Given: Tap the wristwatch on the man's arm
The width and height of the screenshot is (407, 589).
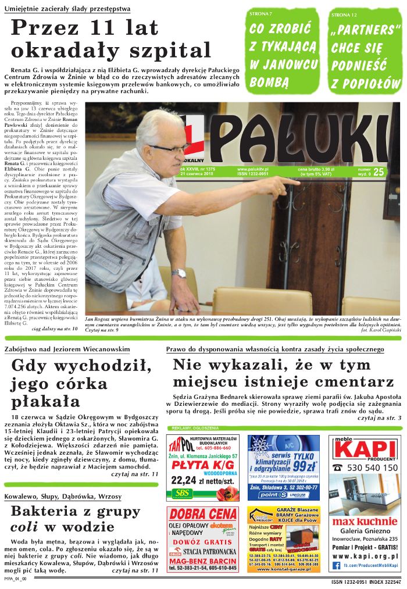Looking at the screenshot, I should click(x=178, y=273).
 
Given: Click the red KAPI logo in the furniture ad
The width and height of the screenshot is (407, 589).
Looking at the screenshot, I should click(x=365, y=449).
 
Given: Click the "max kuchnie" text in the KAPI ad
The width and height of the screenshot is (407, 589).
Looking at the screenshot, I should click(x=365, y=521).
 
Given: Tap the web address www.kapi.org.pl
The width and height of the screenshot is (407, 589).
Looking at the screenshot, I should click(x=365, y=556).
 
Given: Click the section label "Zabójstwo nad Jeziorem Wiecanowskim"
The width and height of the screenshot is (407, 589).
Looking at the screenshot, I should click(x=67, y=349).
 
